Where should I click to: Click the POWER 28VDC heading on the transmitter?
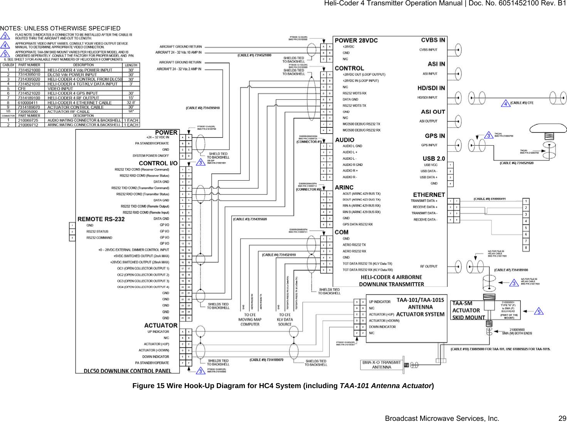pos(356,40)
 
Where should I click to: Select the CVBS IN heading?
pos(433,40)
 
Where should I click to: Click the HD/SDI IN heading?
pos(431,88)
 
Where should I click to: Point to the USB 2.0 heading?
pos(434,159)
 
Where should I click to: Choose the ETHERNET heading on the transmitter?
pos(429,195)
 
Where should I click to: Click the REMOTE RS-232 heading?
pos(101,219)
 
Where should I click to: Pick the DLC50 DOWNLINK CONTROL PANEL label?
pos(128,371)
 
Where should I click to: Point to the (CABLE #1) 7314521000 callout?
pos(255,55)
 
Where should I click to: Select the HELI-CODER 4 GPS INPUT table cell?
pos(72,93)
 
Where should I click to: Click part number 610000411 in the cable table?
pos(28,103)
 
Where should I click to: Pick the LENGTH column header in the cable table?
pos(131,65)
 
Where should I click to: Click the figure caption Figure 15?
pos(283,386)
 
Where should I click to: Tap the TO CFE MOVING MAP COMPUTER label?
pos(250,320)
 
